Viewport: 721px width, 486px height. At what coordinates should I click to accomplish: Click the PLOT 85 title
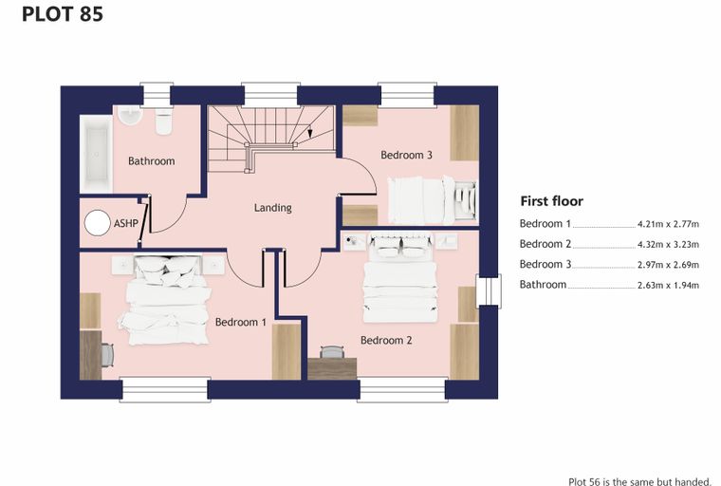pos(63,14)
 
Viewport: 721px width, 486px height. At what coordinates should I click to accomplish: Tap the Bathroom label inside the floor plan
pos(151,161)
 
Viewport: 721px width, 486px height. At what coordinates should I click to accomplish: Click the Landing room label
pos(272,208)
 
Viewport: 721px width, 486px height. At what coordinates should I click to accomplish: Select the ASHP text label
pos(125,223)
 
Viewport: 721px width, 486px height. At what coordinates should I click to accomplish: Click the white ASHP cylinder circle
pos(98,223)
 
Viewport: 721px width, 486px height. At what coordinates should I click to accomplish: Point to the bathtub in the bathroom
pos(96,154)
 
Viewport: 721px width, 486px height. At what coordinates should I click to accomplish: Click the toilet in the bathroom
pos(163,121)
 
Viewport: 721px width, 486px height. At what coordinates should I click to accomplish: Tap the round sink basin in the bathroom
pos(130,115)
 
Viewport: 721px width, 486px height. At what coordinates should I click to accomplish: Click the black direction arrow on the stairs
pos(310,133)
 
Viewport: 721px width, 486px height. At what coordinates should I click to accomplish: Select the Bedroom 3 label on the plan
pos(406,155)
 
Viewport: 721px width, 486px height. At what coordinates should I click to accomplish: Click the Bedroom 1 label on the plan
pos(240,322)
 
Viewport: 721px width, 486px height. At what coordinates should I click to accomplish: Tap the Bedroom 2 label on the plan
pos(386,341)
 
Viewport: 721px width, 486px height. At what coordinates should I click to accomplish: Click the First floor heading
pos(552,201)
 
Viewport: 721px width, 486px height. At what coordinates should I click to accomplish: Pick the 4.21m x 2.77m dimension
pos(668,224)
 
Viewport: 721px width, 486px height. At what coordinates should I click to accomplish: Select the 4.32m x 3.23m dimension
pos(668,244)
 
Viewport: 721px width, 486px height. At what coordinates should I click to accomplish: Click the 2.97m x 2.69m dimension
pos(668,265)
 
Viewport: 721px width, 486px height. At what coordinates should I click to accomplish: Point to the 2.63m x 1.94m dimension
pos(668,286)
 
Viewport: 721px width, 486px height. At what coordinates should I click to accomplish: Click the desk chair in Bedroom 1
pos(107,355)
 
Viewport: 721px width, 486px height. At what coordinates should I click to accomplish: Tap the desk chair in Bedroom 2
pos(331,352)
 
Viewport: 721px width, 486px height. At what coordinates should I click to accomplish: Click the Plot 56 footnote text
pos(639,481)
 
